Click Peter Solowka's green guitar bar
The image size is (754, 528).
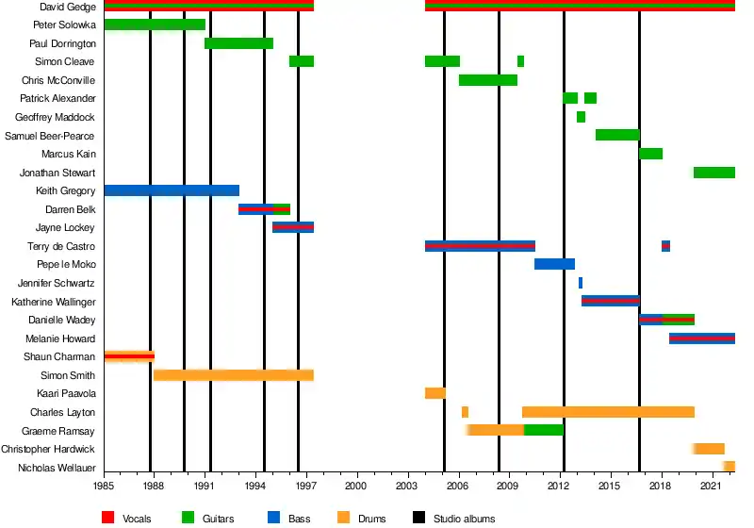155,25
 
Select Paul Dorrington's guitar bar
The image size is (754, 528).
238,43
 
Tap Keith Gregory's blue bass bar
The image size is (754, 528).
171,190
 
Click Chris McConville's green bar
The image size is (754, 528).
487,80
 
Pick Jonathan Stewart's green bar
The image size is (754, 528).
713,173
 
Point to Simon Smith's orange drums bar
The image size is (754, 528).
233,375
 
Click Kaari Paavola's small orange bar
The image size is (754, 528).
434,393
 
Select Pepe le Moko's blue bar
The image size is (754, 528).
554,264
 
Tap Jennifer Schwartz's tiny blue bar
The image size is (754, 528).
581,283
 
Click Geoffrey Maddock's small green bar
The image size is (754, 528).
581,117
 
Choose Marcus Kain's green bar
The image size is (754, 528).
650,154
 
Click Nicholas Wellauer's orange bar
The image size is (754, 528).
729,467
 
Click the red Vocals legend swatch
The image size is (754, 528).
108,518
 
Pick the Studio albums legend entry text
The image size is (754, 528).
464,519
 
